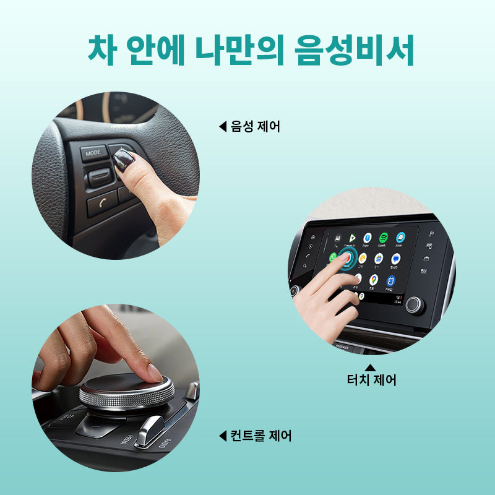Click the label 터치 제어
coord(371,379)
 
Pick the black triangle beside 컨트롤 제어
coord(222,436)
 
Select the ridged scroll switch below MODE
coord(99,178)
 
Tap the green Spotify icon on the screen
coord(383,238)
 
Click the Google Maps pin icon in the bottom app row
coord(373,280)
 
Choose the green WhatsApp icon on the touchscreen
coord(334,257)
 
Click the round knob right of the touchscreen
coord(415,304)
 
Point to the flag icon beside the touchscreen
coord(431,233)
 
